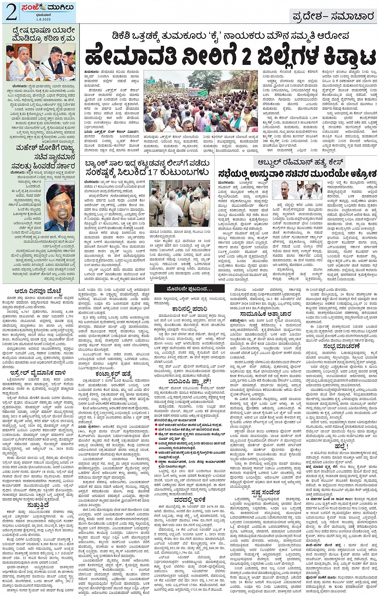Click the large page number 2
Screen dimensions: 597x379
point(11,12)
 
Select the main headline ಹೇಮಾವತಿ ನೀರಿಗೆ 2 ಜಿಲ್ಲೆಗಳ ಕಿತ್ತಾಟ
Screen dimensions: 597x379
point(230,56)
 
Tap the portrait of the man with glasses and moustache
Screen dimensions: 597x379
point(60,207)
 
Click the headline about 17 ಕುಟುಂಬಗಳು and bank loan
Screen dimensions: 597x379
point(147,168)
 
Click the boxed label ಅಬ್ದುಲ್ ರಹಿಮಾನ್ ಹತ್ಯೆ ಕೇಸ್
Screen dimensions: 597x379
point(299,163)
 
